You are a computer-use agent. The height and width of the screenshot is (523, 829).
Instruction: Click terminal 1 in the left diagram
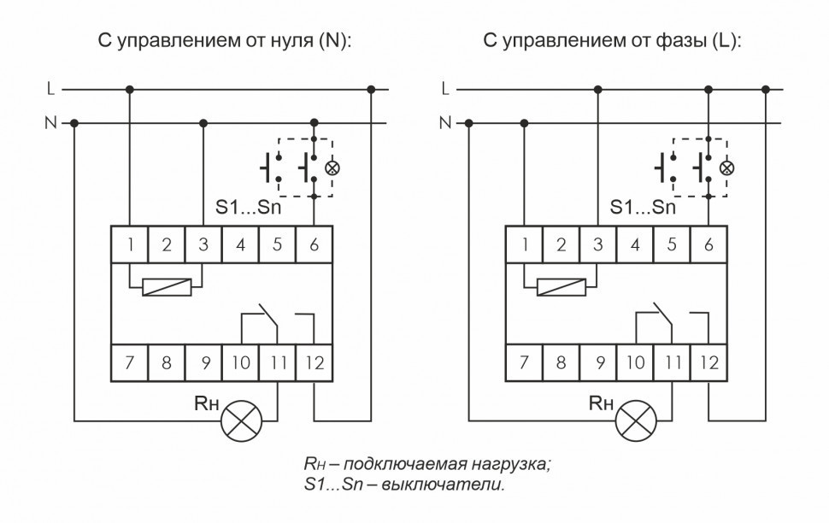click(130, 245)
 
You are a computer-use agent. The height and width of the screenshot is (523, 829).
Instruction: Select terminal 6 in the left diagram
click(315, 245)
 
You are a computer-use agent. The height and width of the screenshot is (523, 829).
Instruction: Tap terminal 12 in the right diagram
click(708, 363)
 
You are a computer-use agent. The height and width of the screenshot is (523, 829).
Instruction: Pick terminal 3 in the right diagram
click(597, 245)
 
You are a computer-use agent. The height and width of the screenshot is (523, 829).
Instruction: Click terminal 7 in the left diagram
click(130, 363)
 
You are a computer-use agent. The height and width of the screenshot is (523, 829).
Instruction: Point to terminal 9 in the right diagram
click(597, 363)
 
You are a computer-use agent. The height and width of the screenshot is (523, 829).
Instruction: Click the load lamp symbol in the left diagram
click(240, 421)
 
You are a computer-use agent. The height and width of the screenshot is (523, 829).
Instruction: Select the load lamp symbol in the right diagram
click(634, 421)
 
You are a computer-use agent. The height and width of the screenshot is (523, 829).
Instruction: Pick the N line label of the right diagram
click(444, 123)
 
